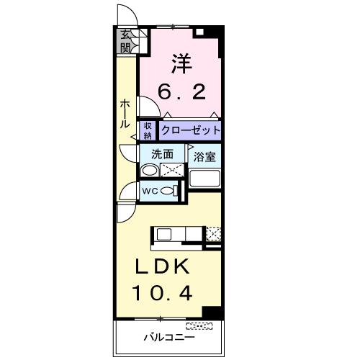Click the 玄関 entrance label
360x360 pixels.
(x=126, y=42)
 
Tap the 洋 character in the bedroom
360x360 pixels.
(x=182, y=63)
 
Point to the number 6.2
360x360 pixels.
(x=182, y=91)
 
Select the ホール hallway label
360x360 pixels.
(x=125, y=114)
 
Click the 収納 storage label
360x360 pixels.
(x=148, y=131)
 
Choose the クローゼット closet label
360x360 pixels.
(x=189, y=131)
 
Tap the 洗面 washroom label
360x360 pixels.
(x=163, y=153)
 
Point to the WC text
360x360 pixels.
(x=150, y=191)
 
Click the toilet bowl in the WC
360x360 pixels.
(x=169, y=191)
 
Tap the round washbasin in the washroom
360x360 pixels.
(x=148, y=171)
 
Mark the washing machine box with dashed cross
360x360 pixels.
(x=171, y=171)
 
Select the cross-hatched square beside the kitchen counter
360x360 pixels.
(x=214, y=233)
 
